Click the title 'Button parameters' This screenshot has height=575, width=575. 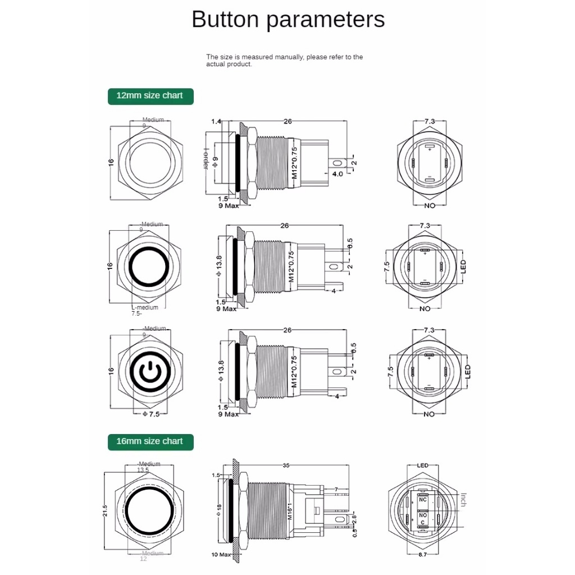pyautogui.click(x=288, y=20)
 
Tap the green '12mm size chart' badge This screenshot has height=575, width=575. pyautogui.click(x=150, y=95)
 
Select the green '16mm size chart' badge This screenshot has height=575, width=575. pyautogui.click(x=150, y=441)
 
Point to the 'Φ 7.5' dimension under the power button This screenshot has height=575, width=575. pyautogui.click(x=151, y=414)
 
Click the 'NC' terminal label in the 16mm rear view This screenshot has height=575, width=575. pyautogui.click(x=423, y=499)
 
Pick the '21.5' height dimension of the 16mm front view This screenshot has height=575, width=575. pyautogui.click(x=105, y=510)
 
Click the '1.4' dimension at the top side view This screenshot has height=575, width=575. pyautogui.click(x=217, y=121)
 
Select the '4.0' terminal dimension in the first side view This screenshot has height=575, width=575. pyautogui.click(x=337, y=175)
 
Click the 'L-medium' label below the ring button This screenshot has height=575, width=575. pyautogui.click(x=145, y=307)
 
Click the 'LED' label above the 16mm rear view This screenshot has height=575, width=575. pyautogui.click(x=423, y=466)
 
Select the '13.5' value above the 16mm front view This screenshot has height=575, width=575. pyautogui.click(x=143, y=470)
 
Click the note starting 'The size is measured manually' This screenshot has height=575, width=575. pyautogui.click(x=284, y=60)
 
